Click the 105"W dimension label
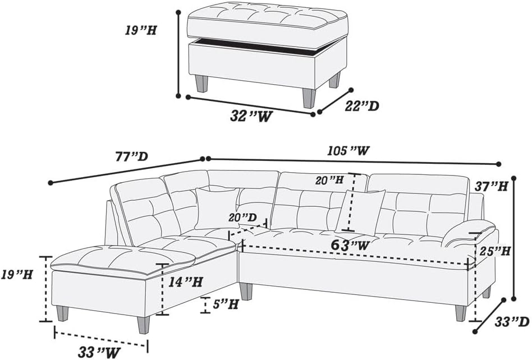[348, 150]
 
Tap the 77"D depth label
[132, 156]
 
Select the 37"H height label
[492, 186]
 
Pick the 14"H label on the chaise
[186, 281]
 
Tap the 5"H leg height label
[226, 304]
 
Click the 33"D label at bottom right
[512, 322]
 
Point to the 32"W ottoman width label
[251, 116]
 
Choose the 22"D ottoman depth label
[361, 106]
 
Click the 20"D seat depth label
[242, 217]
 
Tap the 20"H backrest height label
[329, 181]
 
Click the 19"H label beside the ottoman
[140, 30]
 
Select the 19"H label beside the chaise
[16, 275]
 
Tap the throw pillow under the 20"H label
[360, 212]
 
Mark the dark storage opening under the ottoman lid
[262, 46]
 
